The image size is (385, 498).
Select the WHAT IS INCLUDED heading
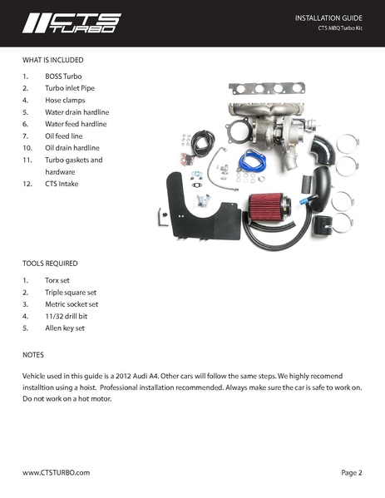point(53,60)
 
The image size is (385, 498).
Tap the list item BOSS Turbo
point(64,75)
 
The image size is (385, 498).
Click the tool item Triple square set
point(71,293)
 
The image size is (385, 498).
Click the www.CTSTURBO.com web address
point(56,472)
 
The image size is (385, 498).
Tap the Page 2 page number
point(351,472)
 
